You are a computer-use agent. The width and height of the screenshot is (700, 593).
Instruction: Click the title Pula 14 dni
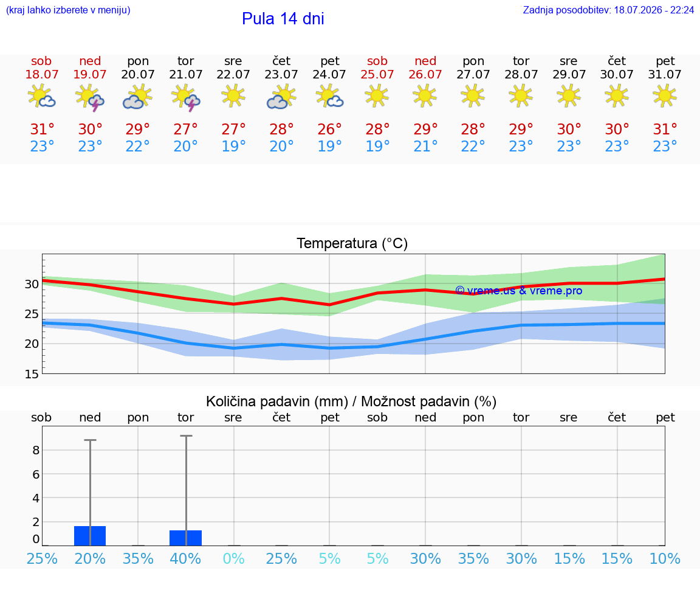(283, 19)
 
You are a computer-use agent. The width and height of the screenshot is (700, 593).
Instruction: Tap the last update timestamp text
(608, 10)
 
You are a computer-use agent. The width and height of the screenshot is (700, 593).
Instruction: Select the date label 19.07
(90, 74)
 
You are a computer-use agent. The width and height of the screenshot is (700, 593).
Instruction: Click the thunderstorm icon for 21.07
(186, 97)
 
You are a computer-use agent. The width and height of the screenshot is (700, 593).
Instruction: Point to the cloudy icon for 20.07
(137, 97)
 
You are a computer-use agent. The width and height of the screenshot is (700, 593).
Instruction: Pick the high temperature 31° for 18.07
(42, 129)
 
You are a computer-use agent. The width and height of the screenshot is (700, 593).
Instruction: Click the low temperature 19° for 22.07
(233, 146)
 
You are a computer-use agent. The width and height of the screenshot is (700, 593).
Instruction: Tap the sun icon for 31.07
(665, 96)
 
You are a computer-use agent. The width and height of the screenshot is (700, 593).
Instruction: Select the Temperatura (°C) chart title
(352, 243)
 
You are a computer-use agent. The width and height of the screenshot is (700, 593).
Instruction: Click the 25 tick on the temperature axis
(32, 314)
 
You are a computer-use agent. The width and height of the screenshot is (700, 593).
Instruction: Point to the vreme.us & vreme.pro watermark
(519, 291)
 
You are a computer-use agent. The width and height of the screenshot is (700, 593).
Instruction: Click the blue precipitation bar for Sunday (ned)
(90, 536)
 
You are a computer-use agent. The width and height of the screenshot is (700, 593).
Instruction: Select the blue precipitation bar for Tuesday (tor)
(186, 538)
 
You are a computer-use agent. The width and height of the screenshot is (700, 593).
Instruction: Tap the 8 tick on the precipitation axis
(36, 450)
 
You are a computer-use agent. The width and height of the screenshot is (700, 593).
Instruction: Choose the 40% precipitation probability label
(185, 558)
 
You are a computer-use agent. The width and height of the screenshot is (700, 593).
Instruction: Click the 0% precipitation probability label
(233, 558)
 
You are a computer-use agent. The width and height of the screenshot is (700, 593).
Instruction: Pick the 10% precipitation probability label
(665, 558)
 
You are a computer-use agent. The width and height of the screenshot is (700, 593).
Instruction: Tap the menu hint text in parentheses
(68, 10)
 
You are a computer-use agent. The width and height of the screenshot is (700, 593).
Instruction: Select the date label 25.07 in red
(377, 74)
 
